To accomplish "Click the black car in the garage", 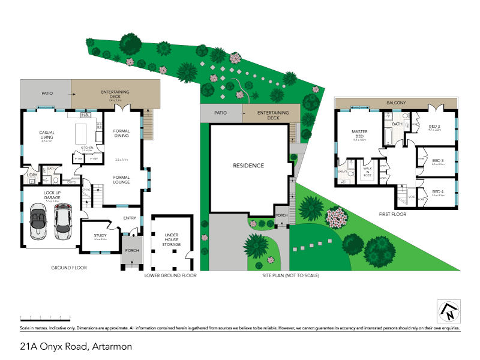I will [62, 220].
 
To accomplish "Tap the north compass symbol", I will [448, 311].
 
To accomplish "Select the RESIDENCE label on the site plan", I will [248, 166].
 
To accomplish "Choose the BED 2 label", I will [434, 127].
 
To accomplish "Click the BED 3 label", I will [437, 161].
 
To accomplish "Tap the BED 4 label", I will [437, 193].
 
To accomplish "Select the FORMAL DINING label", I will [122, 134].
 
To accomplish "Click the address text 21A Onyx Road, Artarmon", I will [76, 346].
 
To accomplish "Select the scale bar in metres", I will [45, 316].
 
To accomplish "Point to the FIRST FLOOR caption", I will [392, 214].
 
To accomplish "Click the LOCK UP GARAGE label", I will [52, 196].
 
